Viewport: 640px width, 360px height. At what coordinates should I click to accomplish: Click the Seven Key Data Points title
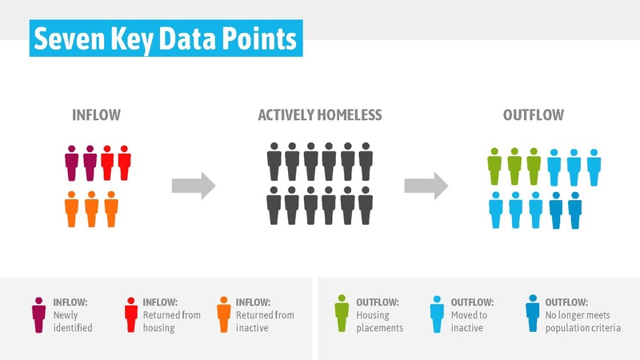point(166,38)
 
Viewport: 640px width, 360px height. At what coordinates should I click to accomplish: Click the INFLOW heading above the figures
point(96,115)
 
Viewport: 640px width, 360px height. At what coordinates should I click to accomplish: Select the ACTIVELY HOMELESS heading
point(320,115)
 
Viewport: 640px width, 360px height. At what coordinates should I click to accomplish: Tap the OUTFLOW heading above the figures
point(533,115)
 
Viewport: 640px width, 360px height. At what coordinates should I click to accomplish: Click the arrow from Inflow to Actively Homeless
point(194,186)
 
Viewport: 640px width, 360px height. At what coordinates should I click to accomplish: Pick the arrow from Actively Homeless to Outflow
point(426,186)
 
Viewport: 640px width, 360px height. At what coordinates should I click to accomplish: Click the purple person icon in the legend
point(38,315)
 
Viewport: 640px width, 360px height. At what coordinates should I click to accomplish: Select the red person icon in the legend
point(130,315)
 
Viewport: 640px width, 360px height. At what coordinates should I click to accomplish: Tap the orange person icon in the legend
point(223,315)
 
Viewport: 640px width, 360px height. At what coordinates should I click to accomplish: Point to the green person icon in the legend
point(342,315)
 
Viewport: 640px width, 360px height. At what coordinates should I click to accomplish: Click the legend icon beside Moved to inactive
point(437,315)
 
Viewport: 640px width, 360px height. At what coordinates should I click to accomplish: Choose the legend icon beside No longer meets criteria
point(530,315)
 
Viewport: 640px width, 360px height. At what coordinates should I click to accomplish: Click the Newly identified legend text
point(72,315)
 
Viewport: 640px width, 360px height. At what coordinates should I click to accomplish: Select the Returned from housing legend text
point(171,315)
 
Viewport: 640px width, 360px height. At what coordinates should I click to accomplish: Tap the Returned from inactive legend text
point(265,315)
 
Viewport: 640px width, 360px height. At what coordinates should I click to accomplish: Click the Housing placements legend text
point(381,315)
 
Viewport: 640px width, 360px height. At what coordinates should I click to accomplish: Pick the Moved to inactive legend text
point(474,315)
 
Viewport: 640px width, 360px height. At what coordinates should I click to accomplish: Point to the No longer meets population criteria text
point(582,315)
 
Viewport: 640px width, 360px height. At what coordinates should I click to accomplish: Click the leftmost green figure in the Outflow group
point(494,166)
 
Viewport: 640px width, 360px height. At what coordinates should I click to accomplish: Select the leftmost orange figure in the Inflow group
point(71,210)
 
